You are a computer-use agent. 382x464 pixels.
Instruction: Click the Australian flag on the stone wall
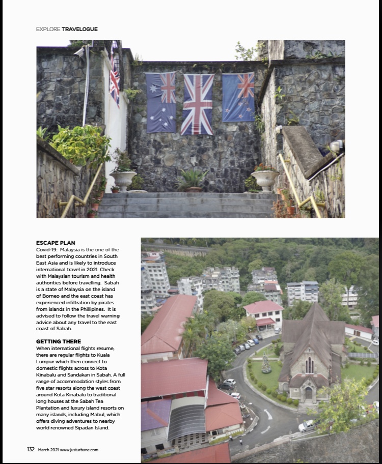point(161,102)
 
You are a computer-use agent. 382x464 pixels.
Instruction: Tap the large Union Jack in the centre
point(198,104)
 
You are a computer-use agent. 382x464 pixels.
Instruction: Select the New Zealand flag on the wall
point(238,97)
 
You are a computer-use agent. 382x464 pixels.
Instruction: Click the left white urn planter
point(123,180)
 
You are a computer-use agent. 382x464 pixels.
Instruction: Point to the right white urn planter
point(265,180)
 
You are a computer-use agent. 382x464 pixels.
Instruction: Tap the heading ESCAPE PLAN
point(56,243)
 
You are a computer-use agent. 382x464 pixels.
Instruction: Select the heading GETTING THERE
point(59,341)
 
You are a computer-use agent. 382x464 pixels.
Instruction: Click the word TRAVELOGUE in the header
point(79,29)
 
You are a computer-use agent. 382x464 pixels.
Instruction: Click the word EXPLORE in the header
point(48,29)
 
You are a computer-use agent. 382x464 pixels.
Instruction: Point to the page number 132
point(31,450)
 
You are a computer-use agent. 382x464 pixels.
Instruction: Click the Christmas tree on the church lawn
point(265,365)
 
